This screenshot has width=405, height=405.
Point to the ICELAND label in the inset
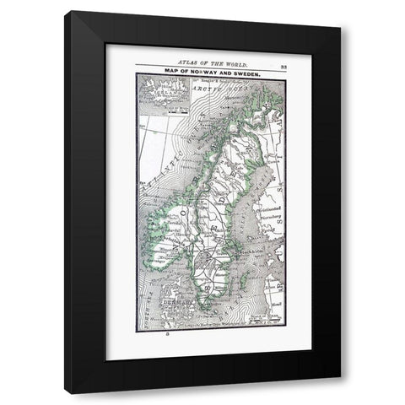coord(159,87)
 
